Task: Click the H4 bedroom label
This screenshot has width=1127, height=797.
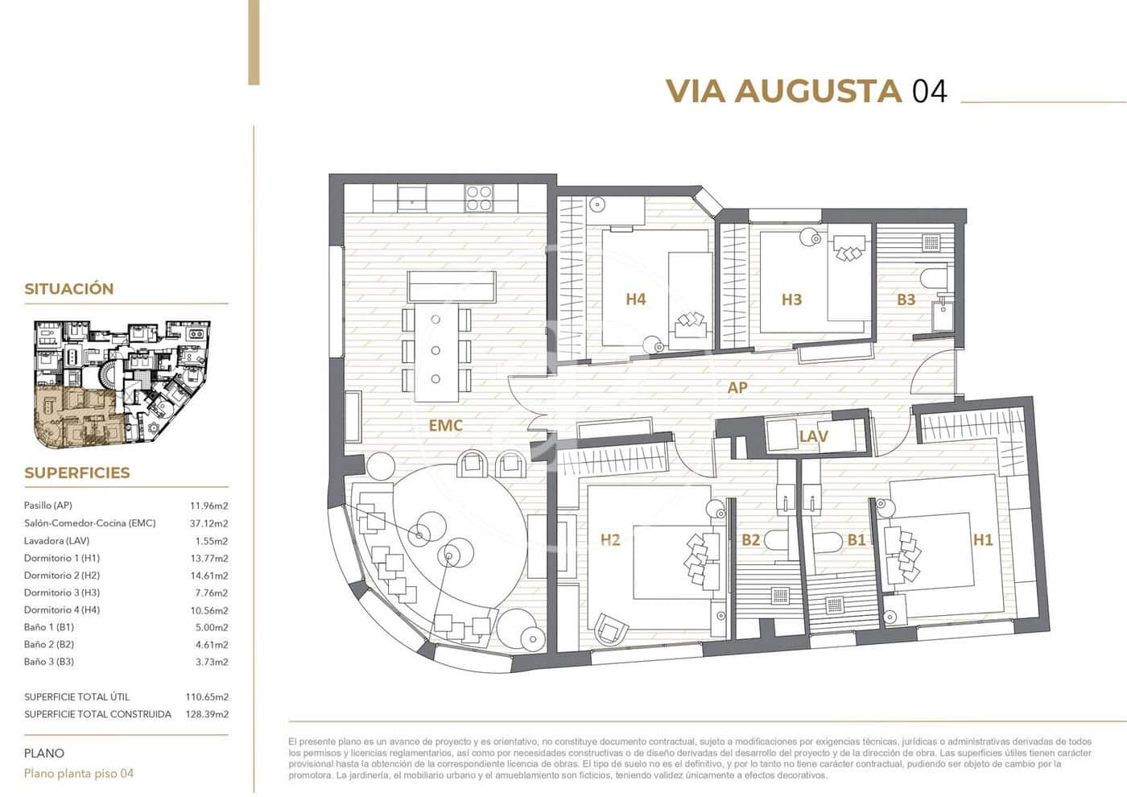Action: [x=635, y=299]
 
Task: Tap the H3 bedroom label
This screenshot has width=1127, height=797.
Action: [x=791, y=299]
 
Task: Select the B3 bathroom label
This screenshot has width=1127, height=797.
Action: [x=906, y=299]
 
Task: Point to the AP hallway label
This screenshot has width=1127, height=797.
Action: [x=737, y=387]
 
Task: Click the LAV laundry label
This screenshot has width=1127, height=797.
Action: [x=813, y=436]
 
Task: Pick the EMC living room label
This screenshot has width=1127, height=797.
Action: [x=445, y=425]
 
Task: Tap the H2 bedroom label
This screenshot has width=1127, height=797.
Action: [x=610, y=539]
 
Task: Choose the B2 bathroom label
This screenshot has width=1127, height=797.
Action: [x=750, y=539]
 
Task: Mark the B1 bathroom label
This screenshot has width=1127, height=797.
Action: [x=857, y=539]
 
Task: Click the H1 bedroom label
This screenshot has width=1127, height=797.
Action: [x=983, y=539]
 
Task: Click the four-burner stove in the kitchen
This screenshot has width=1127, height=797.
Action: [x=479, y=197]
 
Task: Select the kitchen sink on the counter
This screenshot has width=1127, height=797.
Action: [x=412, y=197]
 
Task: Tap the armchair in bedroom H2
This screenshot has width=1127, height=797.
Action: [x=609, y=629]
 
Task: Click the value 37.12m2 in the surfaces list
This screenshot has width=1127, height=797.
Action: [x=208, y=523]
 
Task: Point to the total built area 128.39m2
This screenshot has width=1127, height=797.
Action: [x=207, y=714]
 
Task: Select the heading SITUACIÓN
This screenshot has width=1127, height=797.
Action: [x=68, y=289]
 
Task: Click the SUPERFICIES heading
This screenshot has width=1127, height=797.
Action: [x=76, y=473]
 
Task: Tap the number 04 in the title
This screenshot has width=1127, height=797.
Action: [x=929, y=91]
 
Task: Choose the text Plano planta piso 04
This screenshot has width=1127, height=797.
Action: [x=79, y=774]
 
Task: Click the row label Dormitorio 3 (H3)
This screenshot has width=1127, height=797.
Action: [x=62, y=593]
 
